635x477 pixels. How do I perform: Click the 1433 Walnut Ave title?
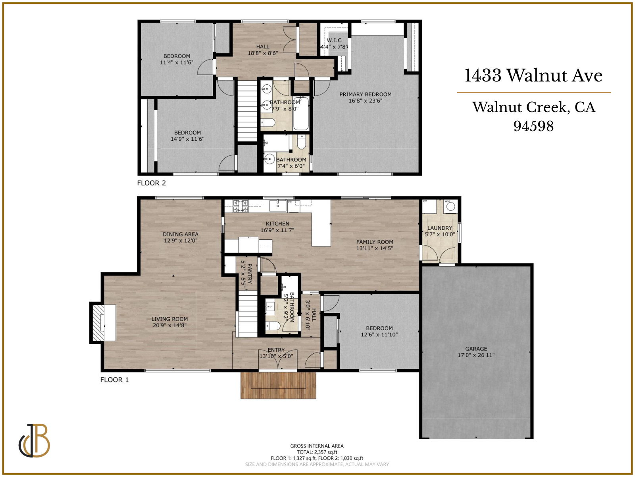[533, 76]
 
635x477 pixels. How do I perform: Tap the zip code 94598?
[533, 126]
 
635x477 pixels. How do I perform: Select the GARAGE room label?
[476, 349]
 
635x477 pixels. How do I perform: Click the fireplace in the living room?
[102, 322]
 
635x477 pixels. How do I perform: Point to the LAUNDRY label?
[440, 228]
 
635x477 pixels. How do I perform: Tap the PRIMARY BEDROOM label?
[365, 94]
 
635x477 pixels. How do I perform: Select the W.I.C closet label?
[334, 40]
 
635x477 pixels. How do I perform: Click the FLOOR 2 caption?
[151, 183]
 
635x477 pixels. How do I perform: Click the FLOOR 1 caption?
[114, 380]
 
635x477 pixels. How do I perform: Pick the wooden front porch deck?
[278, 385]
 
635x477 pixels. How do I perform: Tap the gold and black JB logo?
[35, 441]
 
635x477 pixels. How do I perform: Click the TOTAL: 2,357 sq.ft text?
[317, 452]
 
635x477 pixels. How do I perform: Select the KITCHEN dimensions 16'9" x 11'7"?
[277, 230]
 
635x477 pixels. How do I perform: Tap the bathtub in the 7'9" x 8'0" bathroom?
[301, 114]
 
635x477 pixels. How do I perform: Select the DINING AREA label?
[180, 234]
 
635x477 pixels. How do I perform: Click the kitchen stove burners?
[241, 206]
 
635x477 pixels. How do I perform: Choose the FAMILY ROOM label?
[375, 242]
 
